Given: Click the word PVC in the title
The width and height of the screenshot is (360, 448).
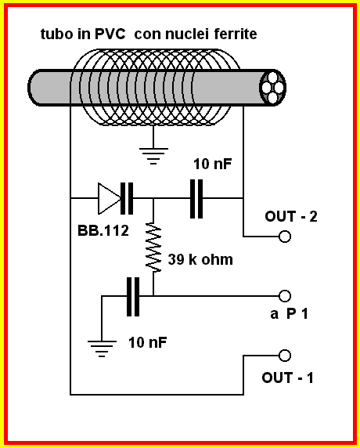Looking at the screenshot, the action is [x=110, y=34].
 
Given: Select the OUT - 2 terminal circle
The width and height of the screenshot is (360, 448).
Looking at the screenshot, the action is [x=285, y=237].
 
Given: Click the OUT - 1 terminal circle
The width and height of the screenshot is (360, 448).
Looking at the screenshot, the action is [x=285, y=356].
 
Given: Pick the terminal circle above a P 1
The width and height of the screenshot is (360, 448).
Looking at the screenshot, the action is [x=285, y=296].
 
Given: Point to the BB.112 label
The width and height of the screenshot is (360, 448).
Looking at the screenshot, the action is [x=103, y=230].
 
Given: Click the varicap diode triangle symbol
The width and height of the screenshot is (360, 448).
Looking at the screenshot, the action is [x=110, y=198].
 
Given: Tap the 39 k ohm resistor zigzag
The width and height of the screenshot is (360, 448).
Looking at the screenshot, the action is [x=153, y=247].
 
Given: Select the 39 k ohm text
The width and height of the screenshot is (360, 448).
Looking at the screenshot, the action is [x=200, y=259].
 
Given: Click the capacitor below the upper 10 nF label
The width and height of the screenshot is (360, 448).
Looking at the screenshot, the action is [x=196, y=199].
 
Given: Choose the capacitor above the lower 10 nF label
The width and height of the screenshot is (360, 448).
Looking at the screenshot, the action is [x=133, y=297].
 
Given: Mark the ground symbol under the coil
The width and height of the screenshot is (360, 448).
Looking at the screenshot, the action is [x=153, y=156].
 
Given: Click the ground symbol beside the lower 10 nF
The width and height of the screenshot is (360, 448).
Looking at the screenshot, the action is [x=102, y=349].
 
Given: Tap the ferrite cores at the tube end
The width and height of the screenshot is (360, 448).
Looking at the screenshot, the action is [x=272, y=88].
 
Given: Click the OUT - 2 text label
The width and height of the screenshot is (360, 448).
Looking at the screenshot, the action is [x=291, y=216].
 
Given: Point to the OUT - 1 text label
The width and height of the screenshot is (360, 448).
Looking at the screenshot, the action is [x=287, y=378].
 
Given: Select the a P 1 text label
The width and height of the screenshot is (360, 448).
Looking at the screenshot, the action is [x=289, y=314].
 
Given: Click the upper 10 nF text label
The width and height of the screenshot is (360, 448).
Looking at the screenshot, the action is [x=213, y=164].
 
